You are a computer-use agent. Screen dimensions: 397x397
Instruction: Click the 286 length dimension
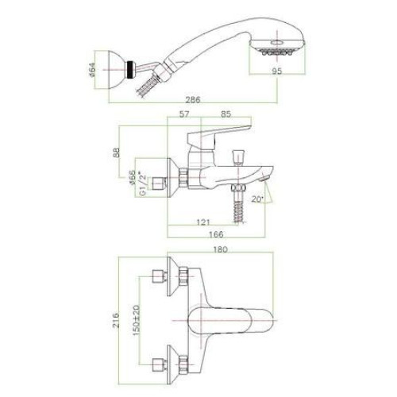(x=193, y=100)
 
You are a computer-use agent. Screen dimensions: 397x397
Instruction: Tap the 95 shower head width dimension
(x=277, y=71)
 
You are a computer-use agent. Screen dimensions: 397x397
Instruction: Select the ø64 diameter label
(x=92, y=70)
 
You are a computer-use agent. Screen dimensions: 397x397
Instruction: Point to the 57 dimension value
(x=184, y=114)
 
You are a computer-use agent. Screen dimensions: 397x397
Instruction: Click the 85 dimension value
(x=225, y=114)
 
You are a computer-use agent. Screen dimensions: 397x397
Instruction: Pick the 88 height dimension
(x=116, y=152)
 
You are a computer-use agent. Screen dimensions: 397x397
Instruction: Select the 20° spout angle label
(x=257, y=199)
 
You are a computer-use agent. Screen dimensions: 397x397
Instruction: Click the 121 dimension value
(x=203, y=222)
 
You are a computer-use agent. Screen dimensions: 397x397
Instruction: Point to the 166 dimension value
(x=216, y=234)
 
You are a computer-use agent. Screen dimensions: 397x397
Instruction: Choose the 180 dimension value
(x=220, y=249)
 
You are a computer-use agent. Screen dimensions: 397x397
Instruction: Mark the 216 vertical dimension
(x=116, y=320)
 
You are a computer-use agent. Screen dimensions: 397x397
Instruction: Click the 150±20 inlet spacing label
(x=137, y=320)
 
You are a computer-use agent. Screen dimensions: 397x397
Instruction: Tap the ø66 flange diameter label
(x=133, y=178)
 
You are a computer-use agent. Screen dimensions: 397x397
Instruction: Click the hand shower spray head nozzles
(x=277, y=52)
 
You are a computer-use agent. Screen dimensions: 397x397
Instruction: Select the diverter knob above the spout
(x=238, y=157)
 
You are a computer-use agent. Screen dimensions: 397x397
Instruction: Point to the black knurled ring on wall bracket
(x=130, y=70)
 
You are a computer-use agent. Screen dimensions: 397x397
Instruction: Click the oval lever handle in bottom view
(x=230, y=321)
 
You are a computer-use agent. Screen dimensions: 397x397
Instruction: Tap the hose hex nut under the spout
(x=238, y=188)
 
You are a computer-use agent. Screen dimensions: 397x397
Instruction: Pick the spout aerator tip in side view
(x=264, y=179)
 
